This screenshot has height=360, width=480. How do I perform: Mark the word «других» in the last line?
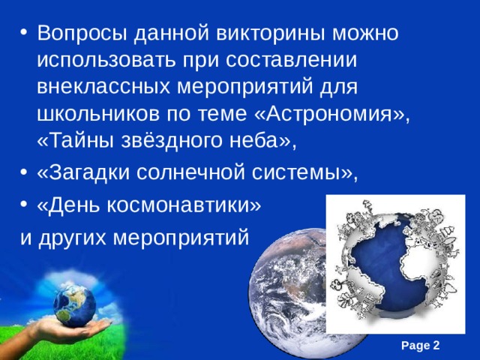click(x=71, y=237)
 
